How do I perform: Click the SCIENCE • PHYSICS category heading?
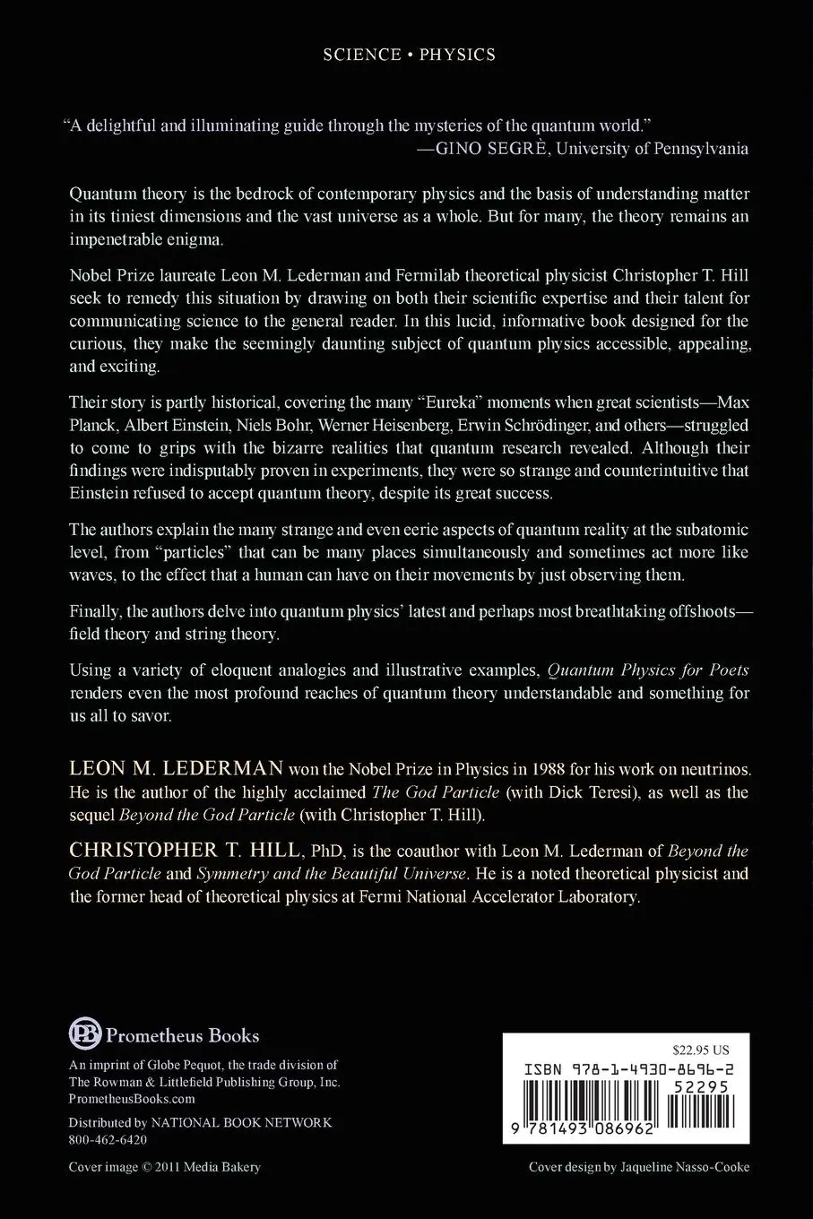409,55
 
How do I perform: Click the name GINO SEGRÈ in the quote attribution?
490,149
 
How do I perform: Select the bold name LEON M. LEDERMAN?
176,769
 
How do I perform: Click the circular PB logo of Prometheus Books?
85,1034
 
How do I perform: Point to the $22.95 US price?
700,1050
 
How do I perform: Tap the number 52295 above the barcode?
701,1087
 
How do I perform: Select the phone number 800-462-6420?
108,1140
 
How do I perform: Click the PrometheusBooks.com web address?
132,1099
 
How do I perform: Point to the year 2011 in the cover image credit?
168,1167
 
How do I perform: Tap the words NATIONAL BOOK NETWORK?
241,1122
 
